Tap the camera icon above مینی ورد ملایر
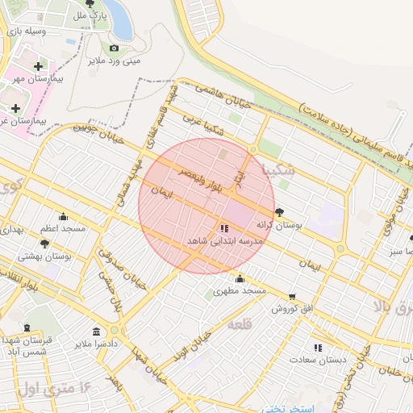click(x=114, y=48)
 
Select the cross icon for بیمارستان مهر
click(x=38, y=66)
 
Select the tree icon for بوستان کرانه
click(x=279, y=212)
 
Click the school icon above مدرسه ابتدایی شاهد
click(x=223, y=228)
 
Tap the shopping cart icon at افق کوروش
click(x=291, y=297)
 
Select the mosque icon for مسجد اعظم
click(x=64, y=216)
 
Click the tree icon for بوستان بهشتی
click(x=44, y=243)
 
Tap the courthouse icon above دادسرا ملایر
click(x=96, y=332)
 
